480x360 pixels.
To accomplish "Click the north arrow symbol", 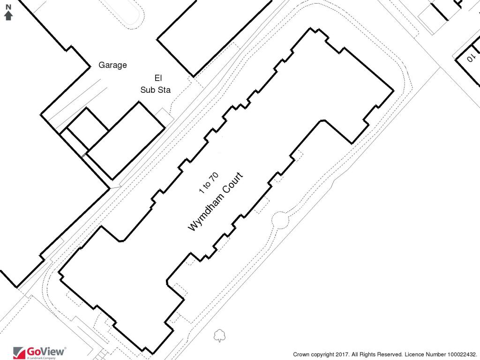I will click(x=8, y=15).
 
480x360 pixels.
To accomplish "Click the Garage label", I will click(x=112, y=65).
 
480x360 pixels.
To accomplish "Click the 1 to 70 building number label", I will click(x=209, y=183).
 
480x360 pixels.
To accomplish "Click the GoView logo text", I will click(x=46, y=351).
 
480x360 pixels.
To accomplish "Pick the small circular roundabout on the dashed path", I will click(x=281, y=219).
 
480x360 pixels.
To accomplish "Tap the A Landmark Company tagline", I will click(x=41, y=358).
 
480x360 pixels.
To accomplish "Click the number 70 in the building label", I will click(x=214, y=177).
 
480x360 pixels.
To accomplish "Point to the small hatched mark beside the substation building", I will click(x=84, y=154).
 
